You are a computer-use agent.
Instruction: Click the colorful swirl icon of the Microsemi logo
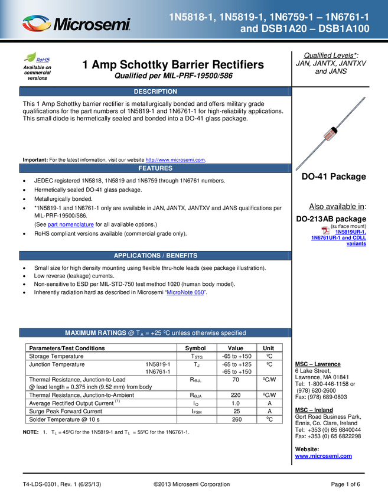(37, 24)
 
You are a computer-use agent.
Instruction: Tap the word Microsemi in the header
(92, 25)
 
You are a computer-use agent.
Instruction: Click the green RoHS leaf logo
(31, 58)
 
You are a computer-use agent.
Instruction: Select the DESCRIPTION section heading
(155, 92)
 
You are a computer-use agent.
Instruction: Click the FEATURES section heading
(155, 168)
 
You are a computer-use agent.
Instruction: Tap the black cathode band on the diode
(334, 129)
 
